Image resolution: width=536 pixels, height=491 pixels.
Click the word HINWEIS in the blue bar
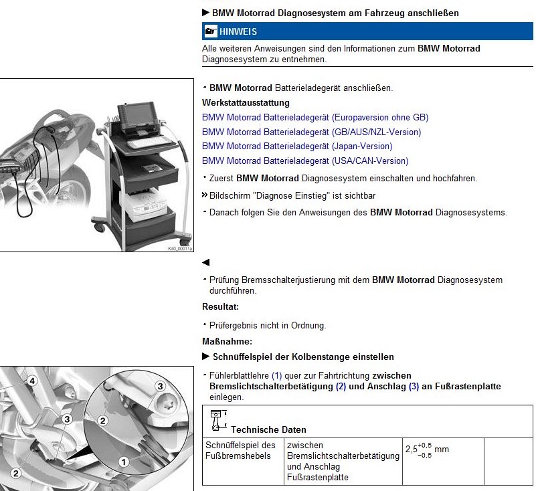pos(238,31)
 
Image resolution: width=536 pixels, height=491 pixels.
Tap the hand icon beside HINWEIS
pos(211,31)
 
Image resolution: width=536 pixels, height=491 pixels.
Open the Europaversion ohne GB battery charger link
pos(315,117)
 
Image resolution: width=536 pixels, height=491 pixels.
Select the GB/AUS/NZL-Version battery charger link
pos(311,132)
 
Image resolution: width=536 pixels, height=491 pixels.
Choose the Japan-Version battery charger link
pos(297,146)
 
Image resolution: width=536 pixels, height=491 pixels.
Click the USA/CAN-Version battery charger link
pos(305,161)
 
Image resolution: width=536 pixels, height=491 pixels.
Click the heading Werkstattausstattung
pos(246,103)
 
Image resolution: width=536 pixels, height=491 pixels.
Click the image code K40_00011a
pos(179,249)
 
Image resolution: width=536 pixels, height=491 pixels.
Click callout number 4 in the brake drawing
pos(31,381)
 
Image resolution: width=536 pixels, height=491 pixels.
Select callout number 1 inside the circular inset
pos(124,461)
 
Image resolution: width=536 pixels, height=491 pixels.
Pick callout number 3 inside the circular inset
pos(160,386)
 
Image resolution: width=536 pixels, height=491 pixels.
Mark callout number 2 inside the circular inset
pos(103,420)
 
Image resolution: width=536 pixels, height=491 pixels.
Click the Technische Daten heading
pos(268,429)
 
